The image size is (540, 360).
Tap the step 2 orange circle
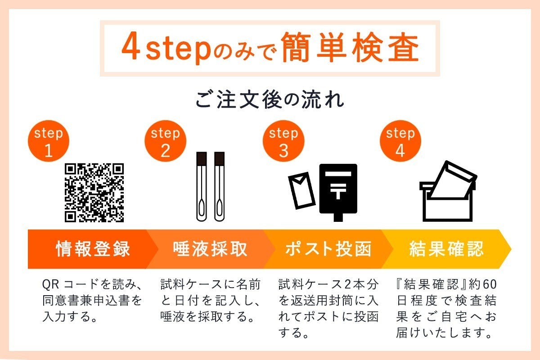(x=165, y=141)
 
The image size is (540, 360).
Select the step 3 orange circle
(x=283, y=141)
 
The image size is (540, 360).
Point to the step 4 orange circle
(x=400, y=141)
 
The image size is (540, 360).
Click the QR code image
(x=94, y=192)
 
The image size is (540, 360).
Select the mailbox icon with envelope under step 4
(x=447, y=191)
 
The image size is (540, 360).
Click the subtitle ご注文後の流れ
(x=270, y=100)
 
